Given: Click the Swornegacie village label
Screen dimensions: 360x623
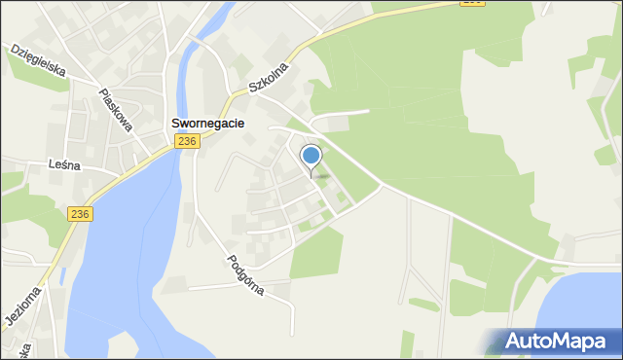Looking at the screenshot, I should (207, 124).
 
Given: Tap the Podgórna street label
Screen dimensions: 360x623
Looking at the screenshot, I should (245, 275).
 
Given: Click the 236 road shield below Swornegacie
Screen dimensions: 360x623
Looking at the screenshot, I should (188, 142).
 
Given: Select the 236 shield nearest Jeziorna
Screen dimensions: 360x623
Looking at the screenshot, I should (80, 214).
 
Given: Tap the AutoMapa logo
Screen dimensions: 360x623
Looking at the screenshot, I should (552, 342).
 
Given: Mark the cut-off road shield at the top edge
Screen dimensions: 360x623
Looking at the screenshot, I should (473, 2).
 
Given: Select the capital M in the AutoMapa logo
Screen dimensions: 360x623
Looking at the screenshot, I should (567, 342).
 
